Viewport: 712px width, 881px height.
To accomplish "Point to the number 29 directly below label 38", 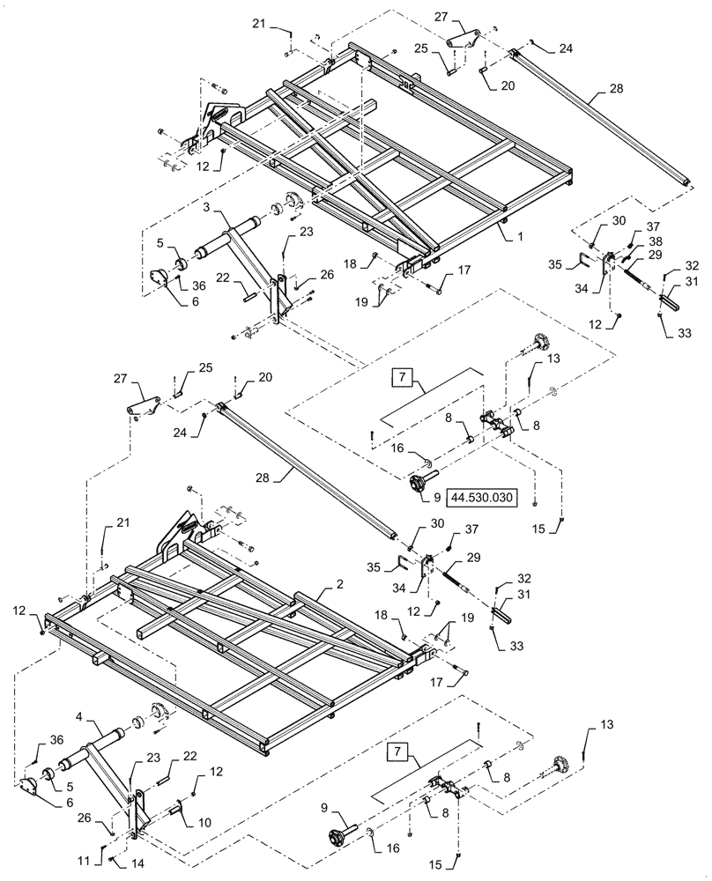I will click(x=655, y=254).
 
